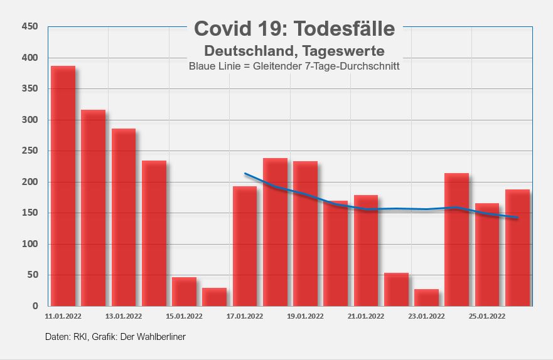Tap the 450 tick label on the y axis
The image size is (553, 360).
[x=30, y=26]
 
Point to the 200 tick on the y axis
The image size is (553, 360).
[x=30, y=182]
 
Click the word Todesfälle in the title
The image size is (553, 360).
[x=346, y=29]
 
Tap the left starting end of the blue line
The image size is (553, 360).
[x=245, y=174]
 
